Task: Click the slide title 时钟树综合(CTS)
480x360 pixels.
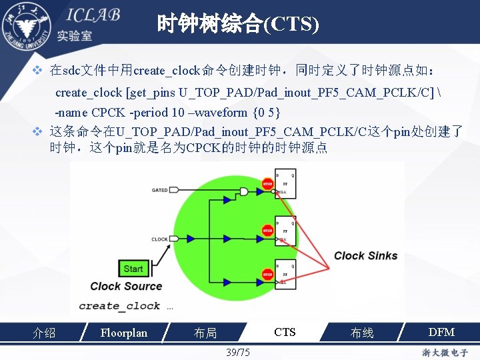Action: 238,25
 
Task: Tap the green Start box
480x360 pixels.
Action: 133,269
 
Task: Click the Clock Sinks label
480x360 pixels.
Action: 365,255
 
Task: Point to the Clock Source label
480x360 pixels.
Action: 126,286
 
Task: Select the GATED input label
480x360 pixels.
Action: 160,190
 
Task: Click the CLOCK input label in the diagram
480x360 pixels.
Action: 159,239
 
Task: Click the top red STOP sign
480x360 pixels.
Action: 267,183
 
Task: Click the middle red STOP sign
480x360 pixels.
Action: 267,231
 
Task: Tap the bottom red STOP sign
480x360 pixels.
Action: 267,274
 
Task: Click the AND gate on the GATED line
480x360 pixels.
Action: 244,192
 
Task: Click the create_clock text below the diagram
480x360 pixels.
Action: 119,306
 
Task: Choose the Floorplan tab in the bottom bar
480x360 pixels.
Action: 123,332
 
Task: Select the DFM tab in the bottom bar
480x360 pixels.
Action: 441,332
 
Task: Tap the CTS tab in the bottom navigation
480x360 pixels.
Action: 285,332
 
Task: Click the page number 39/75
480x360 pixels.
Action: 238,352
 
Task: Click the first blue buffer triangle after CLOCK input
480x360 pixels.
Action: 191,239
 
